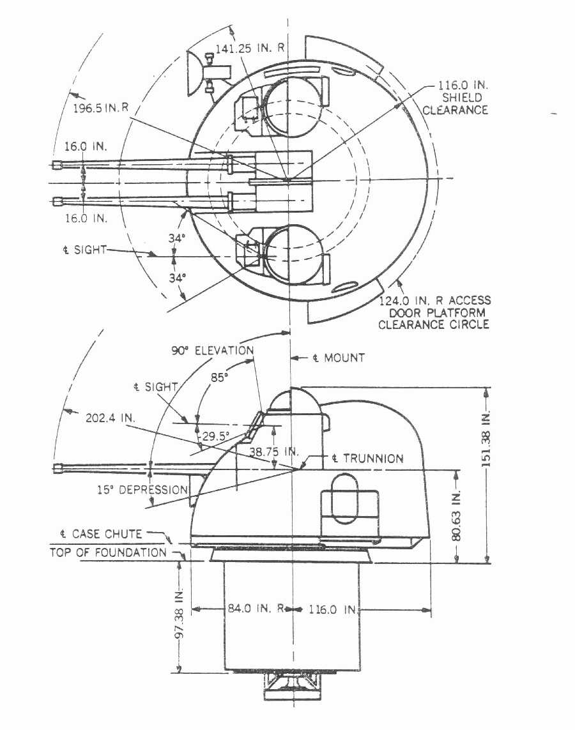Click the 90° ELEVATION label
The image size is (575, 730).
tap(212, 351)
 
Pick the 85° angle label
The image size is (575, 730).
tap(220, 377)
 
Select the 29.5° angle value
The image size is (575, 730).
tap(216, 437)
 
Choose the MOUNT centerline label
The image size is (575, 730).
tap(339, 358)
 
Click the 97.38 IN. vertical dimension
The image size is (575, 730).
tap(181, 620)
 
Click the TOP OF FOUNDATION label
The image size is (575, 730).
tap(108, 552)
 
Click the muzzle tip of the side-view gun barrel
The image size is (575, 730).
tap(57, 469)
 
